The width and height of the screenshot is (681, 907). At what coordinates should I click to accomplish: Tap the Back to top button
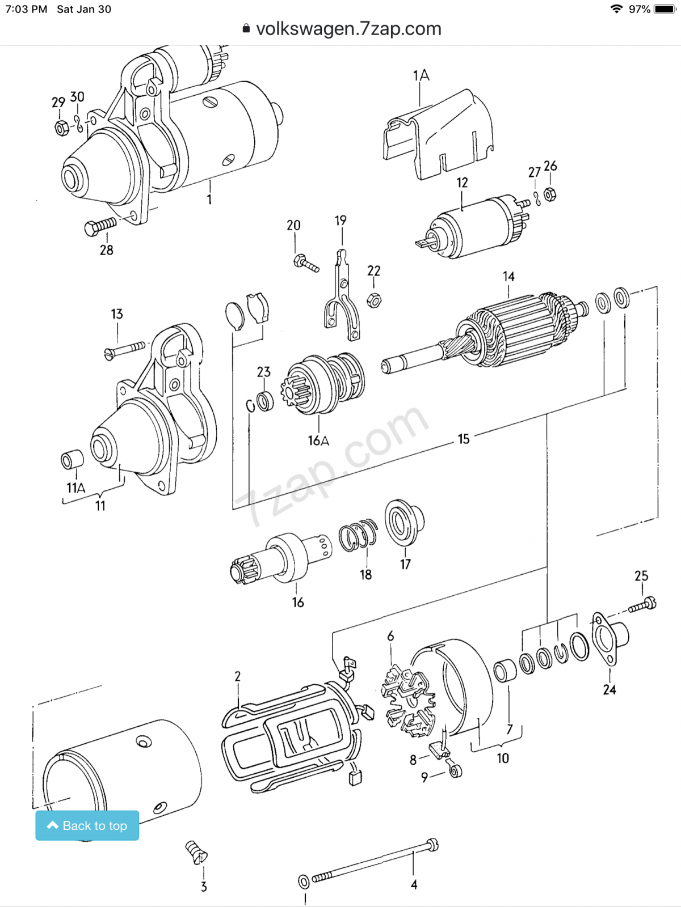point(87,825)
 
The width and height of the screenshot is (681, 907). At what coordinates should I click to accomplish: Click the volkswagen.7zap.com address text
point(348,29)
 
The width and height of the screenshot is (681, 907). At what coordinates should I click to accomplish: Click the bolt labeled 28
point(100,227)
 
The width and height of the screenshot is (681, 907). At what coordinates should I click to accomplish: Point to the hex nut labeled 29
point(61,128)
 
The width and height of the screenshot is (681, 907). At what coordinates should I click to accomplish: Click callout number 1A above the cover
point(421,75)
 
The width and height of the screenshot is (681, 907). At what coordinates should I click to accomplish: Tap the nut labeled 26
point(549,194)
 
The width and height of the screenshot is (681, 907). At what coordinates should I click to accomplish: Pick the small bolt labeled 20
point(305,263)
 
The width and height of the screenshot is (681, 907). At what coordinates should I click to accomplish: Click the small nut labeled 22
point(373,300)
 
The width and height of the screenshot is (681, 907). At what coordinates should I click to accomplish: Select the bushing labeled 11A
point(72,459)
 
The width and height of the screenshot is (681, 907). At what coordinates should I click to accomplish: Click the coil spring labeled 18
point(358,535)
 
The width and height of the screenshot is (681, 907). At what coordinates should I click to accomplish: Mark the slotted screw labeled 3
point(196,852)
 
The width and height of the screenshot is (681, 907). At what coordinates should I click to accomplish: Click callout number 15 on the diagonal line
point(464,439)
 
